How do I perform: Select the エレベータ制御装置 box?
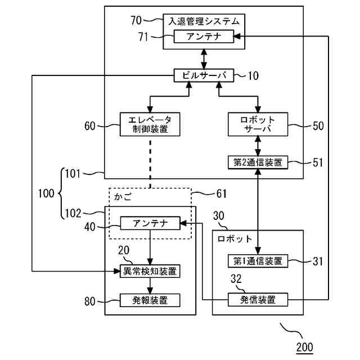[149, 124]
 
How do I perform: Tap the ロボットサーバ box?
[258, 124]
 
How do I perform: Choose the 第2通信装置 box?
[258, 163]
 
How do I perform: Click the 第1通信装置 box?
[258, 261]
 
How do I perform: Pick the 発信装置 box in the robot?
[258, 299]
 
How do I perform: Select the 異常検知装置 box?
[150, 271]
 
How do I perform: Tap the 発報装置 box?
[150, 300]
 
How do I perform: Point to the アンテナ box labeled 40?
[150, 223]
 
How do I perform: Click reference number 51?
[318, 163]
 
